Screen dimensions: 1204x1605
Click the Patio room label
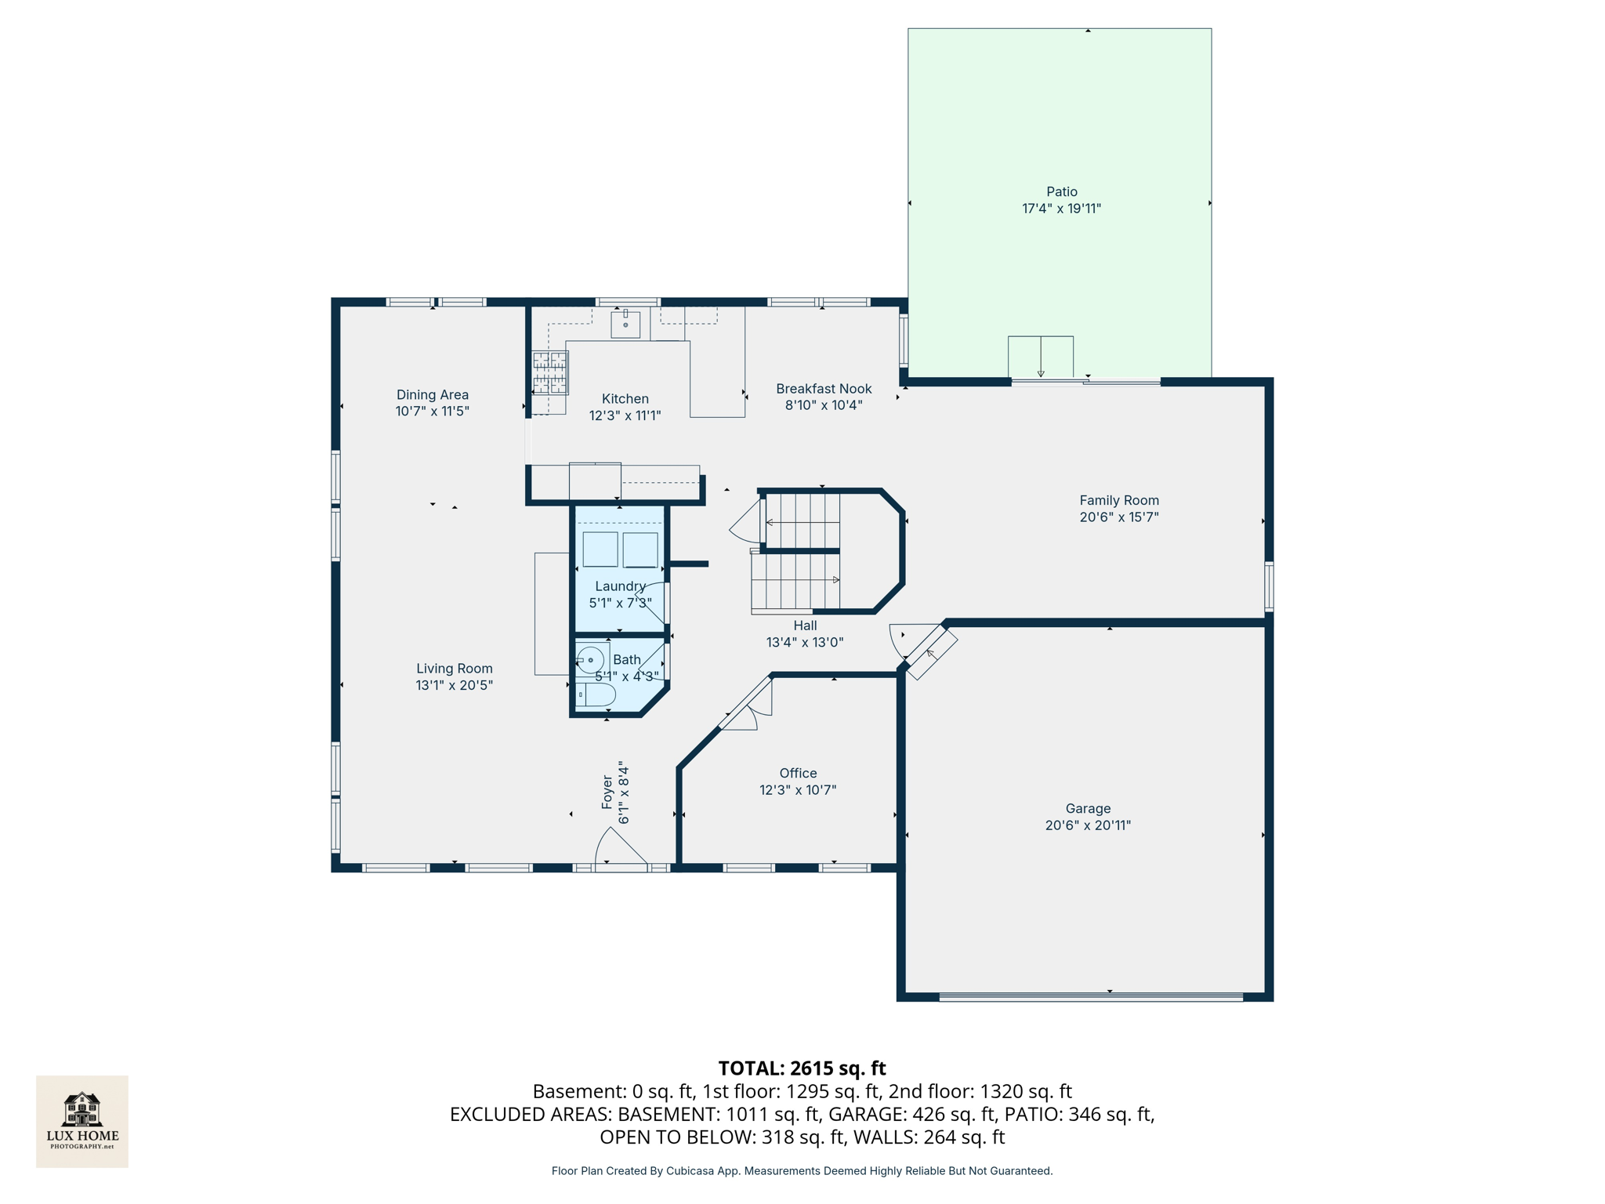pyautogui.click(x=1061, y=191)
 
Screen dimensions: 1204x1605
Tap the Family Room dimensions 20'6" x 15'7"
pyautogui.click(x=1118, y=517)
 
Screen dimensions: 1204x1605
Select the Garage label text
pyautogui.click(x=1088, y=808)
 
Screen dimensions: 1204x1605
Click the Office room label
pyautogui.click(x=798, y=773)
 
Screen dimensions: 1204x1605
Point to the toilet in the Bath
pyautogui.click(x=596, y=694)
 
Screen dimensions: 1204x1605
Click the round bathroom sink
pyautogui.click(x=591, y=660)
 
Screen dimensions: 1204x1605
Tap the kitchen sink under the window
pyautogui.click(x=625, y=324)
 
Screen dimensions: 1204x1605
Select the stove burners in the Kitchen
pyautogui.click(x=550, y=372)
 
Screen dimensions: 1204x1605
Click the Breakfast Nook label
pyautogui.click(x=824, y=389)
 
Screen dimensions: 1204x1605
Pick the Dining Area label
pyautogui.click(x=432, y=394)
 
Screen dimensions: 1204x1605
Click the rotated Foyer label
pyautogui.click(x=607, y=792)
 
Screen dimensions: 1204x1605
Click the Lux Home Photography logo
pyautogui.click(x=82, y=1121)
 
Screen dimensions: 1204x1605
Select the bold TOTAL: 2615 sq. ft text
pyautogui.click(x=802, y=1068)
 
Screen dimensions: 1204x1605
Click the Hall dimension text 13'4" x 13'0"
pyautogui.click(x=805, y=642)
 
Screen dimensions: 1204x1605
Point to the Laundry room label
pyautogui.click(x=620, y=586)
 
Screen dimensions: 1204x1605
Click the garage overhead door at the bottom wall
pyautogui.click(x=1090, y=997)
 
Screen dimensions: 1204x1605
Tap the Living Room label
pyautogui.click(x=454, y=669)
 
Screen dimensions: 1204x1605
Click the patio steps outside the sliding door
pyautogui.click(x=1040, y=357)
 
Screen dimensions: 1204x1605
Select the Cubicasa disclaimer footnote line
pyautogui.click(x=802, y=1171)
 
